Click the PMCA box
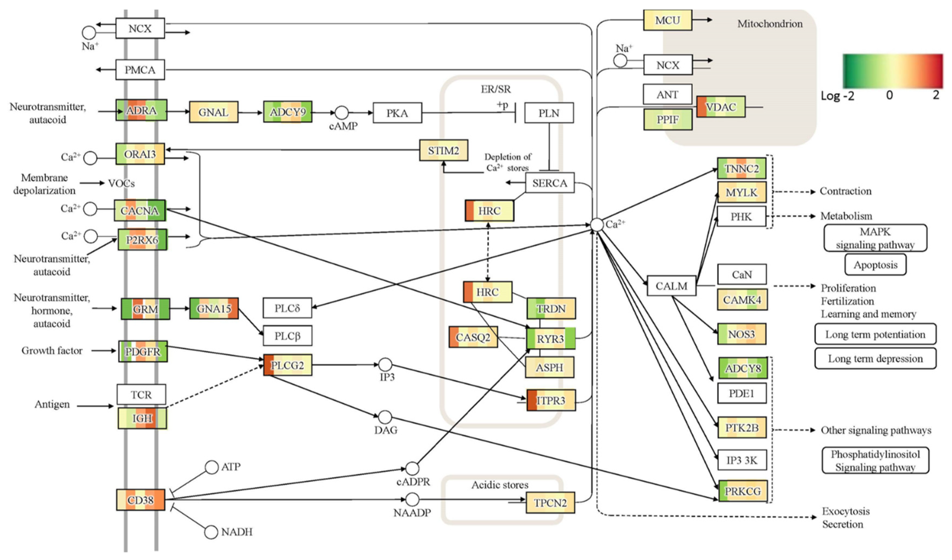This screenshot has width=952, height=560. (140, 69)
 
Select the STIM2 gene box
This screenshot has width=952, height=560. (444, 150)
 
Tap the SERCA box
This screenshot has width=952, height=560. (550, 183)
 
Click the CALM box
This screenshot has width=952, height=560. (671, 286)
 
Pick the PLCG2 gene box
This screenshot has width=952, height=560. (288, 365)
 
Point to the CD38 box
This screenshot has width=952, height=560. (141, 499)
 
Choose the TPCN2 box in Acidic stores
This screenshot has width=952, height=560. (550, 502)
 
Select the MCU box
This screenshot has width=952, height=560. (668, 20)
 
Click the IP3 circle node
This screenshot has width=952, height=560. (385, 365)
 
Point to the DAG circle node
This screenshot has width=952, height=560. (385, 417)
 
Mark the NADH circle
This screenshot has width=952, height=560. (211, 532)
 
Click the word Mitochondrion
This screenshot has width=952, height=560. (770, 24)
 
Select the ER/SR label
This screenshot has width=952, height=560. (496, 89)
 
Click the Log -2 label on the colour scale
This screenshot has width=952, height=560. (837, 96)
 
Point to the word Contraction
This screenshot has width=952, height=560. (845, 191)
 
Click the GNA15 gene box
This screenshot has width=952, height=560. (214, 308)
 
